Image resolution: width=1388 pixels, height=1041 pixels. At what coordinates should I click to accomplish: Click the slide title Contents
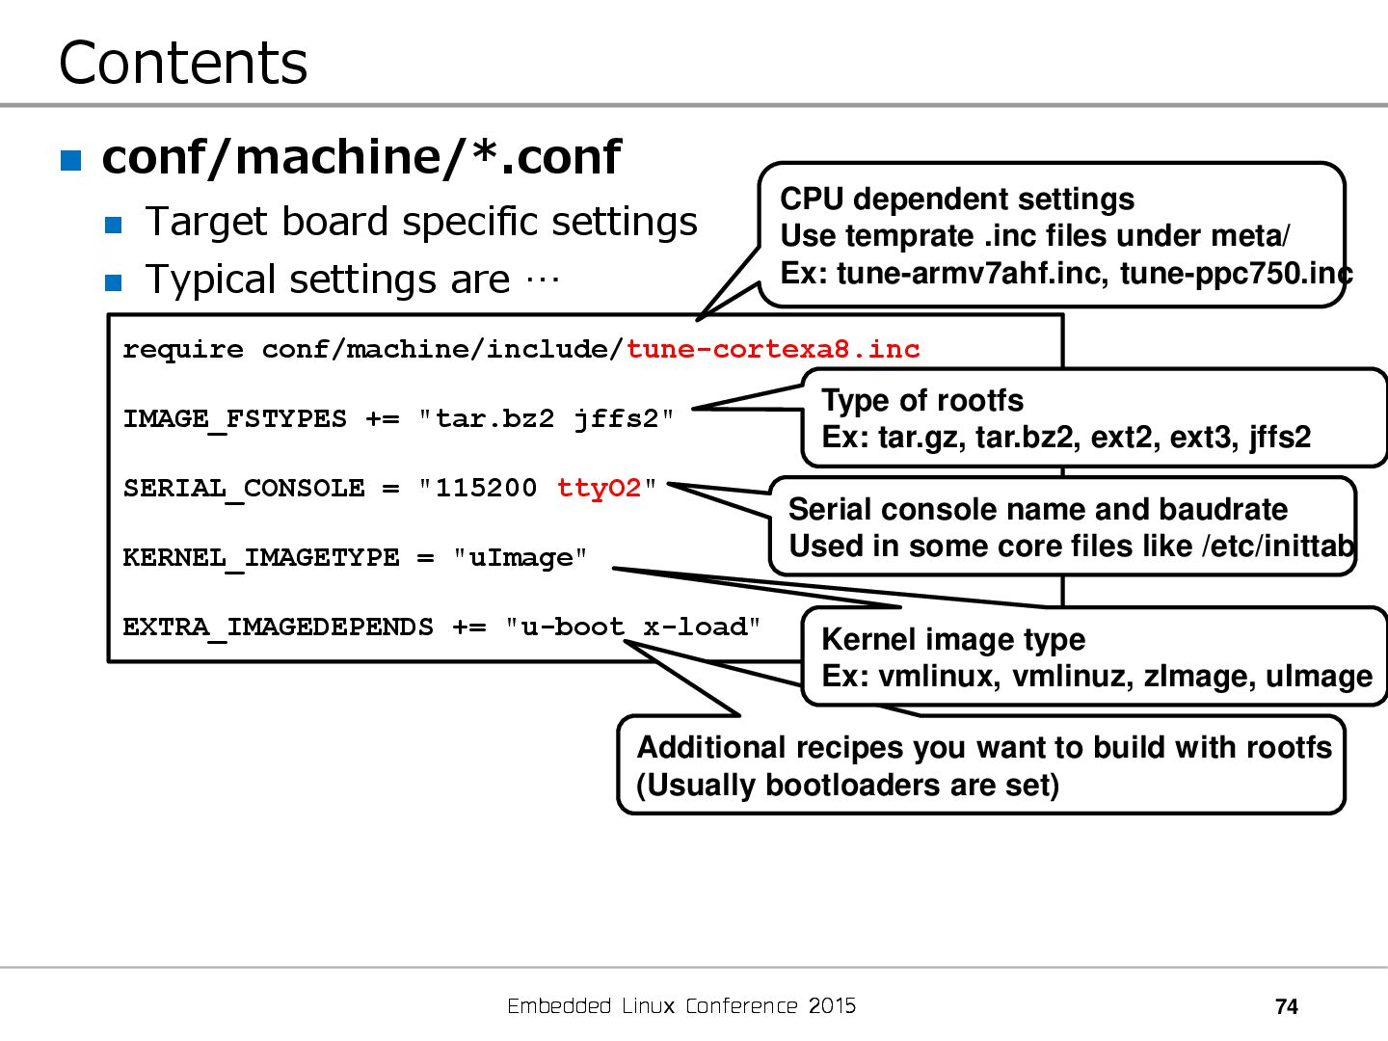coord(183,64)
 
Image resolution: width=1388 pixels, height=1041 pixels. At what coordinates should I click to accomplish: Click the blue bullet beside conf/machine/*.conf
coord(71,160)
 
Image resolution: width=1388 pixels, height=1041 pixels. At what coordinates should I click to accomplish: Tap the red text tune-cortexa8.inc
coord(773,349)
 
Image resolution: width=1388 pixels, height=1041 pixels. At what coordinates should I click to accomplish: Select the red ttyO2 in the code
coord(599,488)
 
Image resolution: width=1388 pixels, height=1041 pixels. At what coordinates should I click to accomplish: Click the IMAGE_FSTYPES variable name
coord(234,419)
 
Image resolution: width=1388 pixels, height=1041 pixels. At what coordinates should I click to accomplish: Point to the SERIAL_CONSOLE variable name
coord(244,489)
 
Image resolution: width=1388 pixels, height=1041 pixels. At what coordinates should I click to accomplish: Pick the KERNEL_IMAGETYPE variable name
coord(260,558)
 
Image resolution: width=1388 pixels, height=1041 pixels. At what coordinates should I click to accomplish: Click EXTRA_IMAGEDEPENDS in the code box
coord(278,627)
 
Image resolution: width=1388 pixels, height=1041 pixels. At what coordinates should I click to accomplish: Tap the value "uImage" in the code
coord(520,558)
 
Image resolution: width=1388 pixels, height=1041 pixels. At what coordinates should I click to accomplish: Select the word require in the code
coord(183,349)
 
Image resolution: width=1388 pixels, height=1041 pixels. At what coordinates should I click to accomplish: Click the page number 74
coord(1286,1007)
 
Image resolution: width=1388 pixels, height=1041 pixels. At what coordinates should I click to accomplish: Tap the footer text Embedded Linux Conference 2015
coord(681,1006)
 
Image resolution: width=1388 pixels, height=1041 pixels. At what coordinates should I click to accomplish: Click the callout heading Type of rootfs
coord(922,400)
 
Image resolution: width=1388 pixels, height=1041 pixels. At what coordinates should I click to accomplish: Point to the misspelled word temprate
coord(918,236)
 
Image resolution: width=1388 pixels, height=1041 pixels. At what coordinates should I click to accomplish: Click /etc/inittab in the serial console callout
coord(1278,547)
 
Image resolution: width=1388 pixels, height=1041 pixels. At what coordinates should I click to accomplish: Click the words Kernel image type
coord(953,639)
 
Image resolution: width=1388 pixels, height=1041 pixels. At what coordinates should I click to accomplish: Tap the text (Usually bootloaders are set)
coord(847,786)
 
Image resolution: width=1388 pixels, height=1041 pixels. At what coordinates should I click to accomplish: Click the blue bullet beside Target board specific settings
coord(114,226)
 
